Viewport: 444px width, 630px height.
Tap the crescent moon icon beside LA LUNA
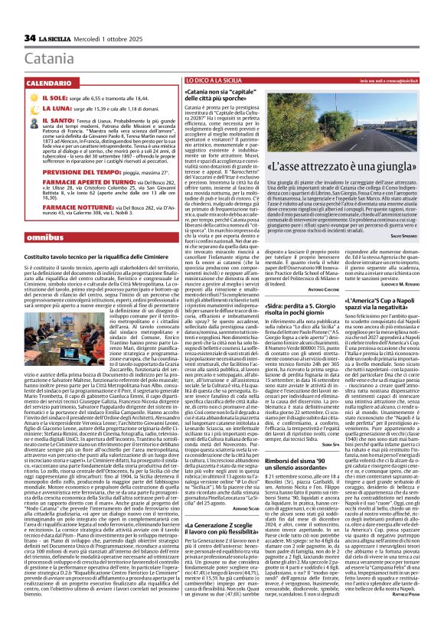(x=31, y=109)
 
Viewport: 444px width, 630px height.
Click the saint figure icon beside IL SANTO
(x=31, y=120)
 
